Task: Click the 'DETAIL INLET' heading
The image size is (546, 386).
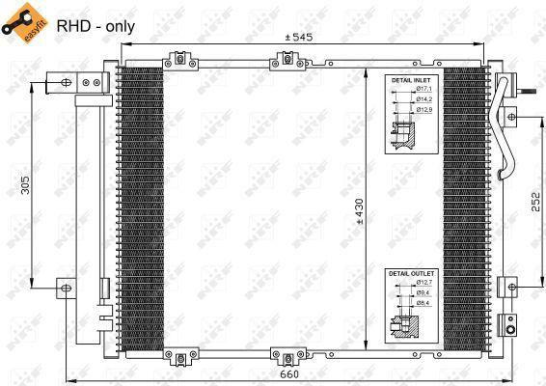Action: tap(412, 80)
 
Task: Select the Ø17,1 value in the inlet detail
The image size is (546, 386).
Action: tap(425, 90)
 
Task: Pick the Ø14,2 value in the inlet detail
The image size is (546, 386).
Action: tap(425, 99)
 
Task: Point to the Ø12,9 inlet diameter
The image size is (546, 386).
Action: tap(425, 109)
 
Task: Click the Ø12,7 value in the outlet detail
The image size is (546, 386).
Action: tap(425, 284)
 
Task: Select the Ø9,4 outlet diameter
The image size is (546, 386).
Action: tap(425, 293)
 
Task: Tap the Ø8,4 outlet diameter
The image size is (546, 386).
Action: tap(425, 303)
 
